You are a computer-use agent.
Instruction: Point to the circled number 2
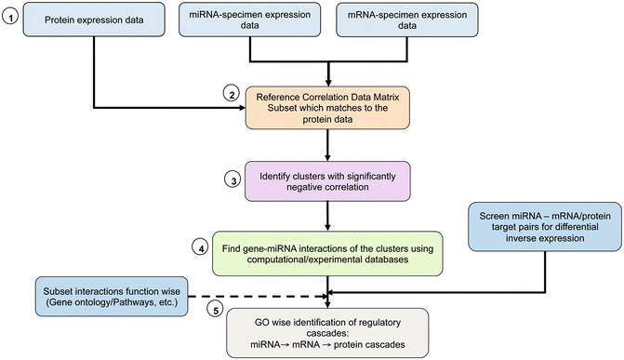tap(231, 94)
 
